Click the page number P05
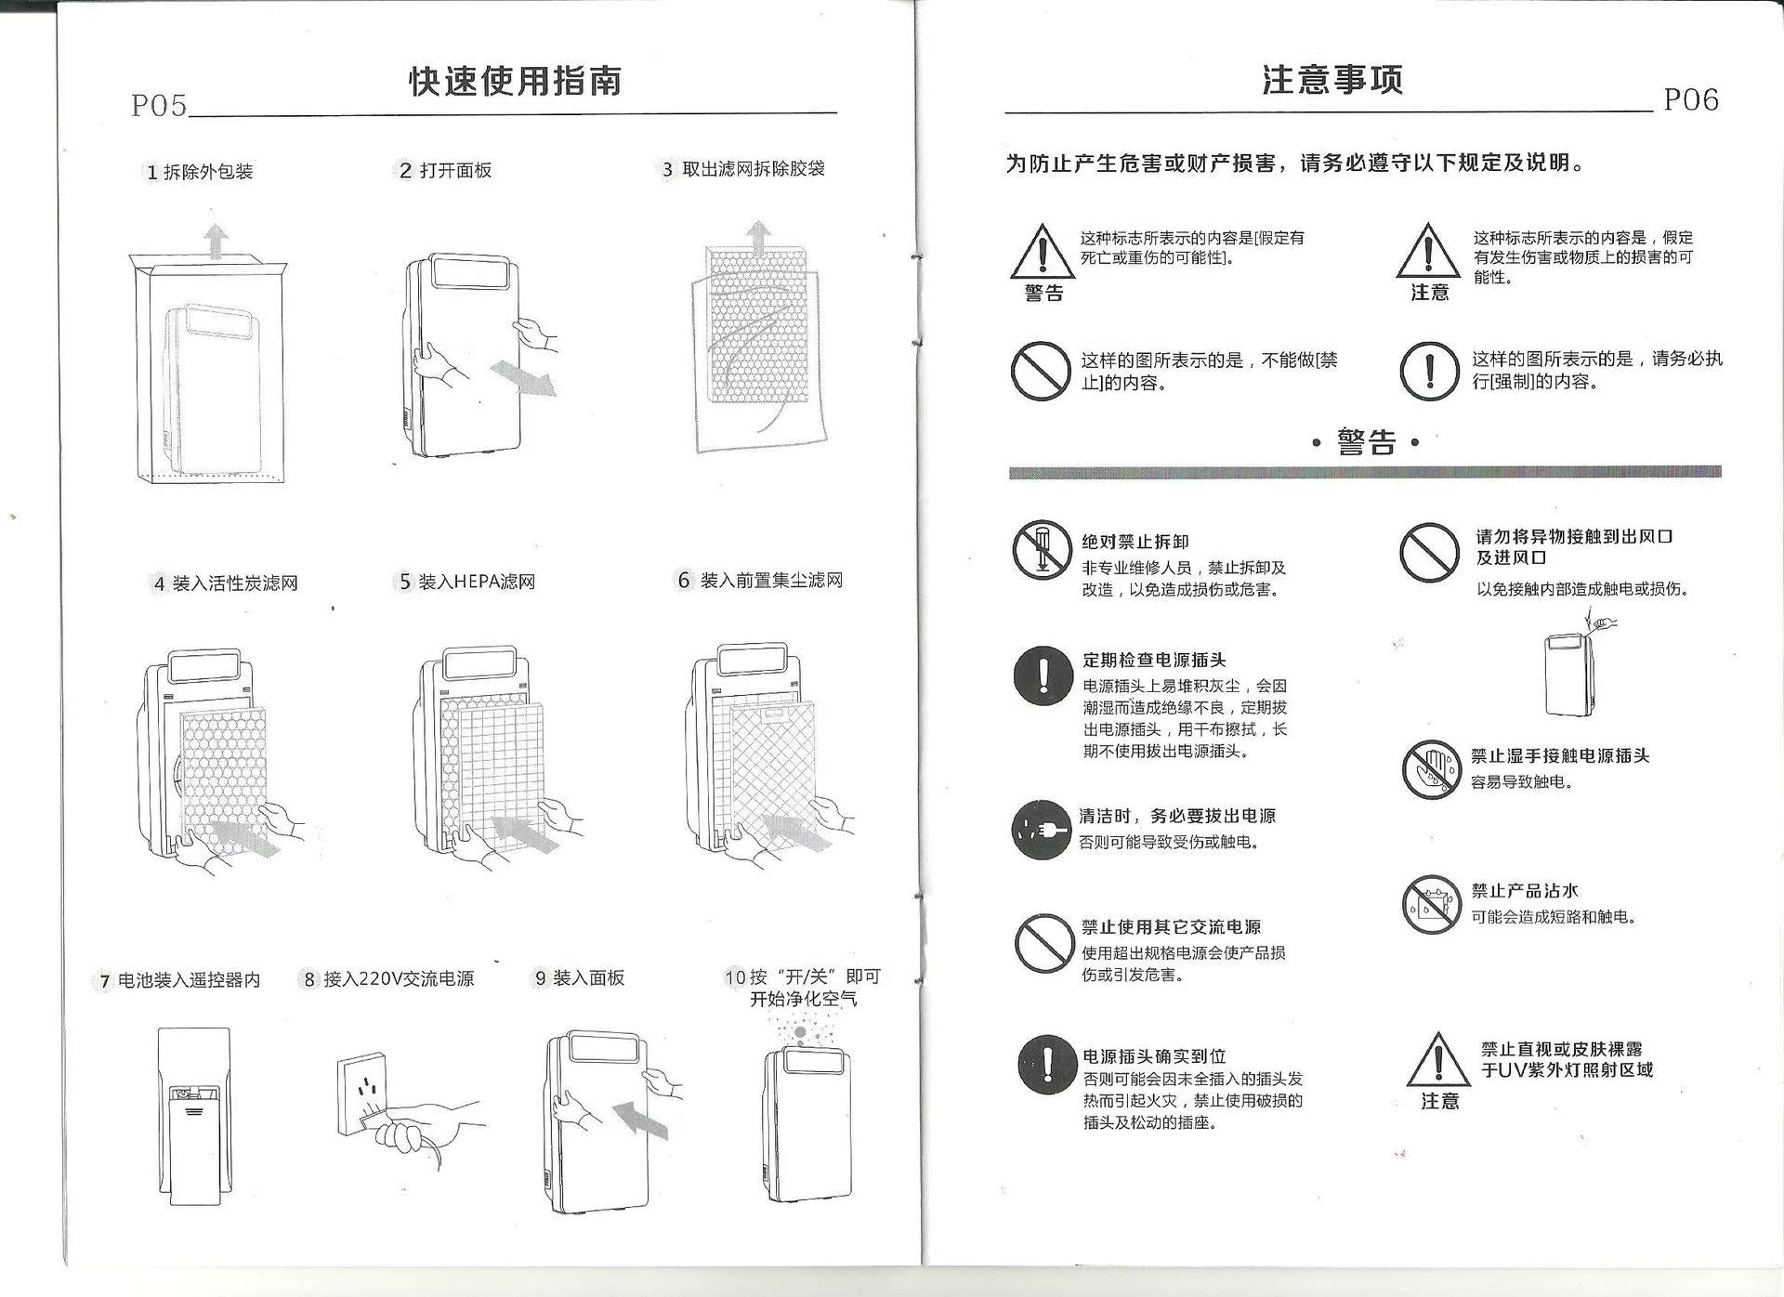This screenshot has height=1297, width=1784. point(159,105)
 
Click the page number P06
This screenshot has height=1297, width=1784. point(1691,99)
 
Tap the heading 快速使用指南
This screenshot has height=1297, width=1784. point(516,81)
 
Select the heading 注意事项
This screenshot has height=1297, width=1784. point(1332,80)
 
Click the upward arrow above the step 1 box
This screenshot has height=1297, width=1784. point(216,241)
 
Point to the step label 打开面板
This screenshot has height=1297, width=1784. point(455,170)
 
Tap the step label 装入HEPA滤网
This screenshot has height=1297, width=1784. point(477,582)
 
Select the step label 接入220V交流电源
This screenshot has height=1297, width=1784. point(399,979)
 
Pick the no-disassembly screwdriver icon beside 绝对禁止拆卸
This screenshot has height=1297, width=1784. point(1043,550)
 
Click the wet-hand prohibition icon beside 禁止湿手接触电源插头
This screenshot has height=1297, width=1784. point(1432,769)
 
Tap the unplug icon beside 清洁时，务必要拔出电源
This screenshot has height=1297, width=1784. point(1042,829)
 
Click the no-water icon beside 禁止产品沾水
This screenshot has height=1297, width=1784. point(1432,904)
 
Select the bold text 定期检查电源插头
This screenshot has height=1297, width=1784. point(1154,660)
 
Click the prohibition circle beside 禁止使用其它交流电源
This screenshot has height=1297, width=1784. point(1044,943)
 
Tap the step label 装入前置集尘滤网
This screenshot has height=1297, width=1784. point(771,581)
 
